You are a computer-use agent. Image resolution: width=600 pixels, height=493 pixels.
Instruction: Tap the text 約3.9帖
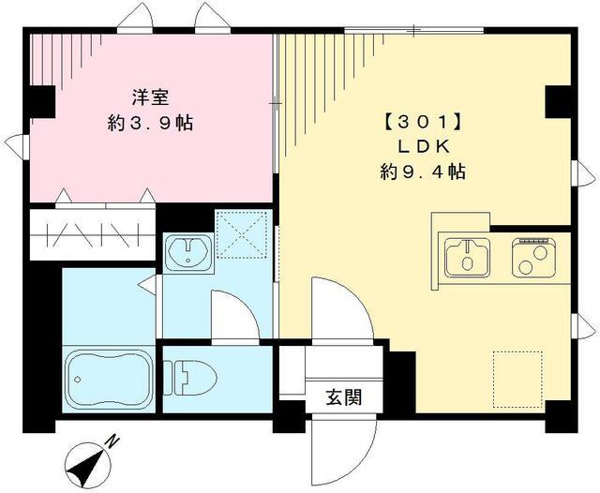click(150, 123)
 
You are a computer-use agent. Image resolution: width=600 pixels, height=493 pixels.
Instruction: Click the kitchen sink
click(467, 258)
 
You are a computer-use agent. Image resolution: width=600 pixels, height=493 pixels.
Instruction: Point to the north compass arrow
click(86, 460)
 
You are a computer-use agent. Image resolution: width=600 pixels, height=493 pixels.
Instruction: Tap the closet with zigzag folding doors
click(91, 233)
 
